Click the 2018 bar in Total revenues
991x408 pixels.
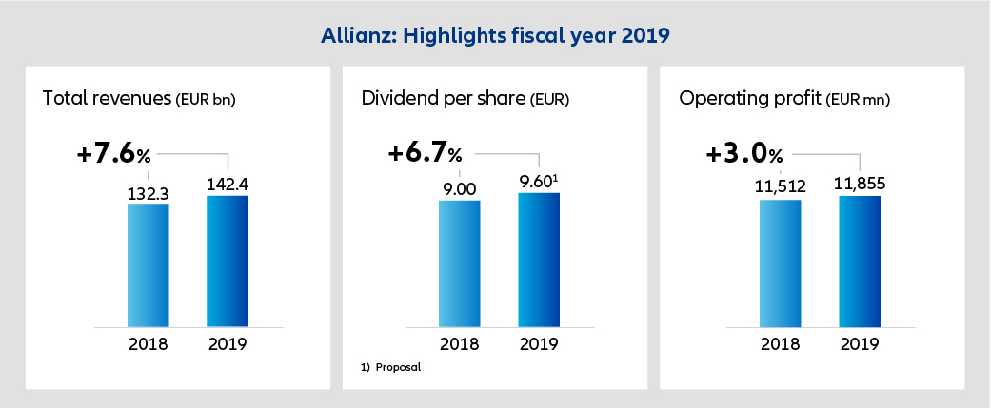click(x=148, y=264)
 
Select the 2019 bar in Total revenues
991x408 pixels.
click(x=227, y=261)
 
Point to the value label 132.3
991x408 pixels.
click(x=148, y=193)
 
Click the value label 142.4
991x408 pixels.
click(x=227, y=185)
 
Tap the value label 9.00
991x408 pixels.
click(x=459, y=189)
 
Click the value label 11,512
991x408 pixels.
click(x=780, y=189)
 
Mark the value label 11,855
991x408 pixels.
click(x=860, y=185)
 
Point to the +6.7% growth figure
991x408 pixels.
click(x=425, y=153)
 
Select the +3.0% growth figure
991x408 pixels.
click(x=743, y=153)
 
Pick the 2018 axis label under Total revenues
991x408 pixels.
click(x=148, y=343)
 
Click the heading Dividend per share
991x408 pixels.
click(x=440, y=98)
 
